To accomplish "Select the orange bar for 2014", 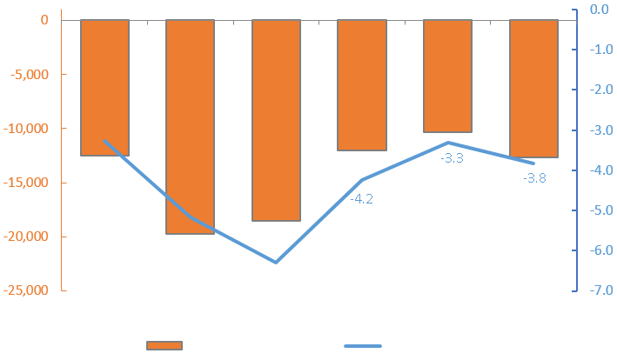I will [191, 126].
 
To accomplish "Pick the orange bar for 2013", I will [104, 87].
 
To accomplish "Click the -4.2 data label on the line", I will [361, 199].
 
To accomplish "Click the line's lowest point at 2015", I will [276, 262].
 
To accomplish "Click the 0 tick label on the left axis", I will [44, 20].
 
